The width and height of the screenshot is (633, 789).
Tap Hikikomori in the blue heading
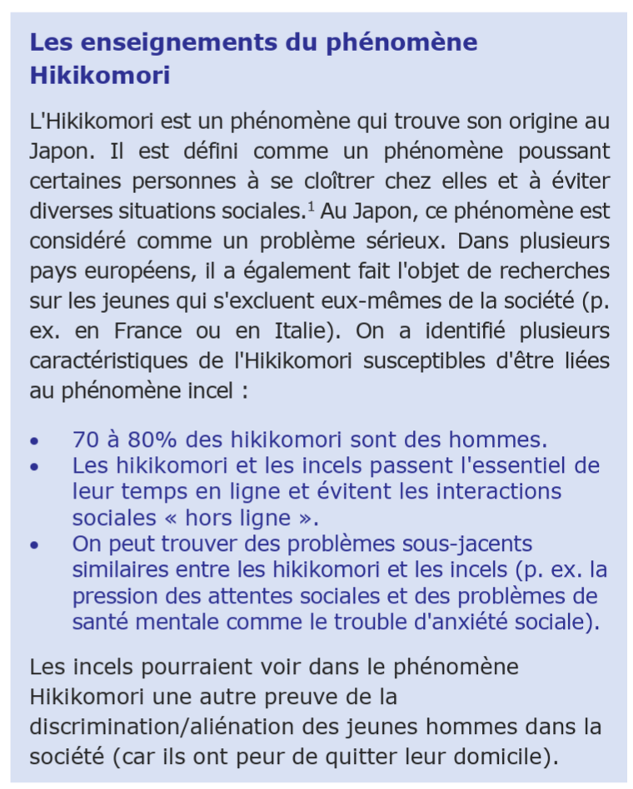[x=100, y=76]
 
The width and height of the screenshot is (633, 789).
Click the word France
[x=148, y=331]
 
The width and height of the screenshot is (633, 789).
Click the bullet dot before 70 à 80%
[x=33, y=441]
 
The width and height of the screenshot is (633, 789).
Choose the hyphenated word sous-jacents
[x=462, y=544]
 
